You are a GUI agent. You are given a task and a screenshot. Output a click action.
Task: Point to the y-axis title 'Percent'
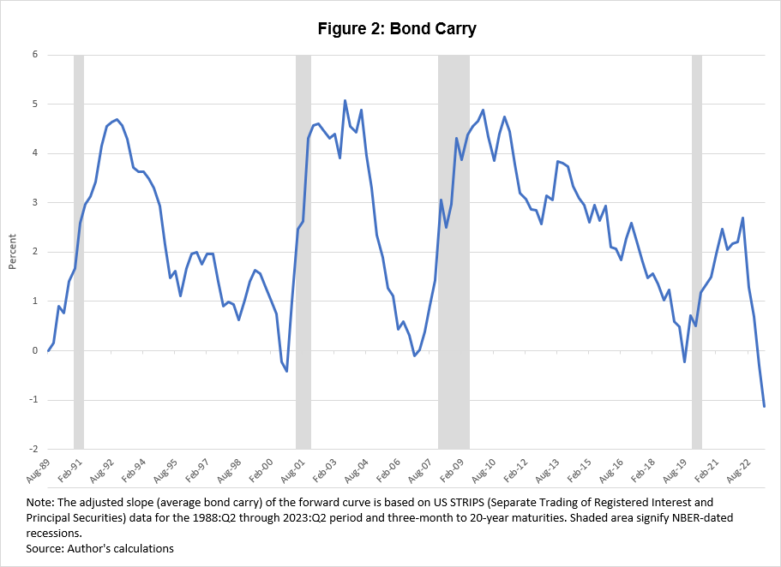pos(11,252)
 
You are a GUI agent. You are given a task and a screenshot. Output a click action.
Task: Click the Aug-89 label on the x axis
pos(37,470)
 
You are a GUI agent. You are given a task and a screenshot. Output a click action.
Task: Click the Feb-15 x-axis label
pos(580,470)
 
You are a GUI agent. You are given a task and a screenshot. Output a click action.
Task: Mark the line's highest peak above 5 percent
pos(345,100)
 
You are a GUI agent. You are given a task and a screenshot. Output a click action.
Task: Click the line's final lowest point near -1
pos(764,406)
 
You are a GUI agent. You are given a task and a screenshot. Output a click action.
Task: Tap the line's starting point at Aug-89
pos(48,350)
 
